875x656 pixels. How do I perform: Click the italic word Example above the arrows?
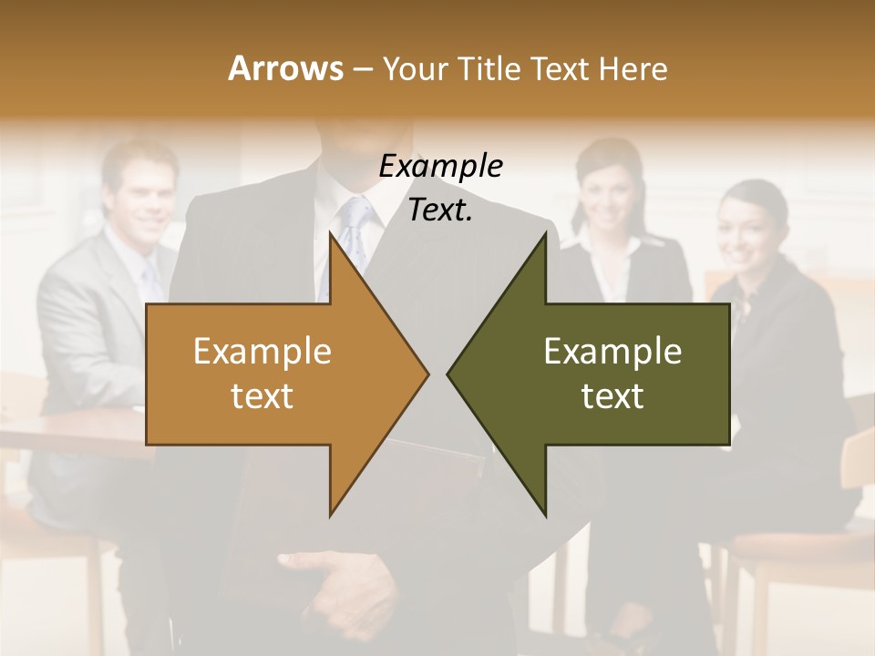[x=440, y=167]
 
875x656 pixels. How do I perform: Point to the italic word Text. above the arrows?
[x=440, y=210]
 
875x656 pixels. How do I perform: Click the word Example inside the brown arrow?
[x=262, y=352]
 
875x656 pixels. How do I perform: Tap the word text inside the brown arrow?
[x=262, y=395]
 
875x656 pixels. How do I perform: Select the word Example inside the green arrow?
[x=612, y=352]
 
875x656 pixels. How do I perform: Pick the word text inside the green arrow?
[x=612, y=395]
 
